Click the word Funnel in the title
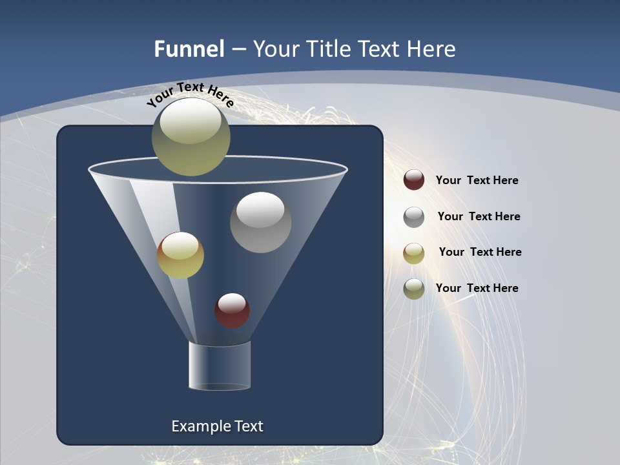coord(189,49)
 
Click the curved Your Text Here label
coord(191,94)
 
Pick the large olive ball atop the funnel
coord(191,136)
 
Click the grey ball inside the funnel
coord(260,222)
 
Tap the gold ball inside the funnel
coord(180,255)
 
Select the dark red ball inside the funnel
coord(232,311)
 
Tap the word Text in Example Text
coord(248,426)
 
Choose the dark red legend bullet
coord(414,180)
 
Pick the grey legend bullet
coord(414,217)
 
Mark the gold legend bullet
coord(414,253)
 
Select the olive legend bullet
coord(414,289)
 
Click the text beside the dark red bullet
coord(477,180)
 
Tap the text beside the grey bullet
coord(479,216)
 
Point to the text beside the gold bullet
coord(480,252)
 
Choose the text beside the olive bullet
coord(477,288)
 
